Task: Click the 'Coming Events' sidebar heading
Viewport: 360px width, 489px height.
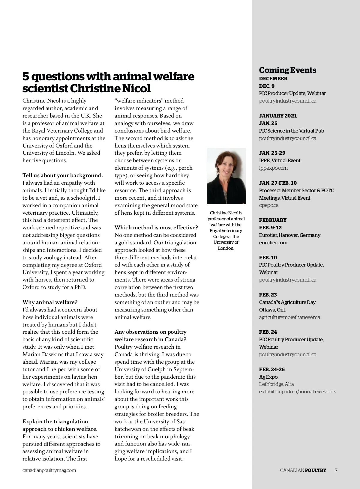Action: (287, 70)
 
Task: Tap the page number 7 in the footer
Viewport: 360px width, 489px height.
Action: (336, 470)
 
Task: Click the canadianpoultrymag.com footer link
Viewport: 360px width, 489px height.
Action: (49, 470)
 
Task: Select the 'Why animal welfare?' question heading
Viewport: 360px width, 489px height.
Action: (50, 302)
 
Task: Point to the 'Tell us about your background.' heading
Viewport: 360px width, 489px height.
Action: (63, 175)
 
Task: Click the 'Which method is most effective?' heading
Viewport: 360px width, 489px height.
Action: (156, 228)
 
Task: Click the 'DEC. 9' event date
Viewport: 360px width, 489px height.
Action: (267, 86)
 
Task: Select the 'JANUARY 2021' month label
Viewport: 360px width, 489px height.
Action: (278, 116)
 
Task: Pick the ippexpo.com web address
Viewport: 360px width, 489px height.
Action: (273, 168)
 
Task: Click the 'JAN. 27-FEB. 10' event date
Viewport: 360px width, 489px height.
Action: (278, 183)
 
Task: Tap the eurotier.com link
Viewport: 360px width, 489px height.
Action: (273, 243)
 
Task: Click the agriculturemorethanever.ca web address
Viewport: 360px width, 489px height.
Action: (289, 317)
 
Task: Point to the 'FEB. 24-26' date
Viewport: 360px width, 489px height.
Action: (272, 369)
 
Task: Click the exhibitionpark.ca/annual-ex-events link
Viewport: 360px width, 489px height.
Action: (297, 392)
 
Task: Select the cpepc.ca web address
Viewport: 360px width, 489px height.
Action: (269, 205)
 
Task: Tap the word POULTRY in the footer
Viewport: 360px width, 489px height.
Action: (315, 470)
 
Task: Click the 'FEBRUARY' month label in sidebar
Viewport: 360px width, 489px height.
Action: (273, 220)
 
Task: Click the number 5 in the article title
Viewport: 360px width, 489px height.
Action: (26, 77)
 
